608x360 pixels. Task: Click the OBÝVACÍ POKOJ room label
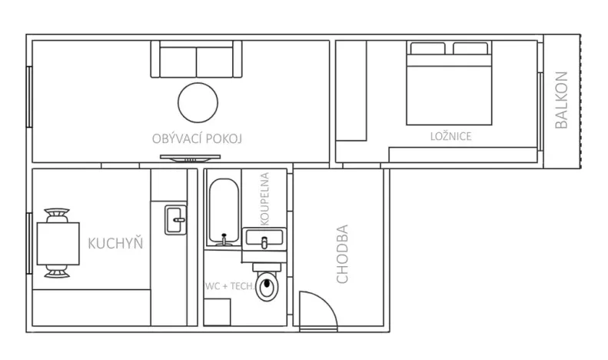[198, 138]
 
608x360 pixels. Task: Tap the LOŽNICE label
[450, 136]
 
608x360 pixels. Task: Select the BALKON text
[561, 100]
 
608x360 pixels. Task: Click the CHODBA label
[343, 253]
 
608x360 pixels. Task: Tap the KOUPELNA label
[264, 199]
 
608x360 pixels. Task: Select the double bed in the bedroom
[449, 86]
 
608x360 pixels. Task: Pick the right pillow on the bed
[470, 50]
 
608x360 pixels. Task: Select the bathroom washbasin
[264, 239]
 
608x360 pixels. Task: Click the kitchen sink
[176, 221]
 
